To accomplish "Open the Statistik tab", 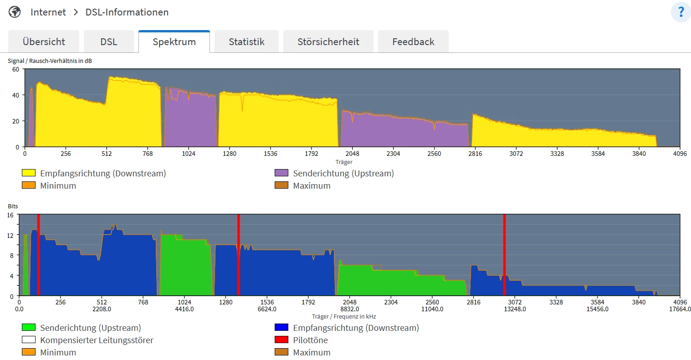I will (x=246, y=42).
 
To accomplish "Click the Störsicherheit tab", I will (x=328, y=42).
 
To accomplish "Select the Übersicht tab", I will (x=44, y=42).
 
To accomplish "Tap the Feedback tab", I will (x=413, y=42).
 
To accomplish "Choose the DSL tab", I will (x=109, y=42).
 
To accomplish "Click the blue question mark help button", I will (x=681, y=12).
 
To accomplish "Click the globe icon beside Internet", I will (x=15, y=12).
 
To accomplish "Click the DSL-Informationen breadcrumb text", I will (x=127, y=12).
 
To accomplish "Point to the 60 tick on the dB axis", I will (x=16, y=69).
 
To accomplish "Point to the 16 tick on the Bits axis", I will (x=10, y=215).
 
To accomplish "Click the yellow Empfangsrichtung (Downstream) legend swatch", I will (x=29, y=173).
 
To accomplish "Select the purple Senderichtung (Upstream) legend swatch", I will (x=282, y=173).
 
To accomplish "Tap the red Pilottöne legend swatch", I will (x=282, y=340).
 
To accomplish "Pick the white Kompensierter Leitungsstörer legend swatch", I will (x=29, y=340).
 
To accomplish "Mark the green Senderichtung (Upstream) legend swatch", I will (x=29, y=328).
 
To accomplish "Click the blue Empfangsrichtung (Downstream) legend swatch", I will (x=282, y=328).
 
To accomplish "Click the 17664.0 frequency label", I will (x=680, y=309).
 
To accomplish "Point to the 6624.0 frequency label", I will (x=267, y=309).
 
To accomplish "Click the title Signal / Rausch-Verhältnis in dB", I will (x=50, y=61).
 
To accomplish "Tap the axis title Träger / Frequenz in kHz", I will (x=344, y=316).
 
